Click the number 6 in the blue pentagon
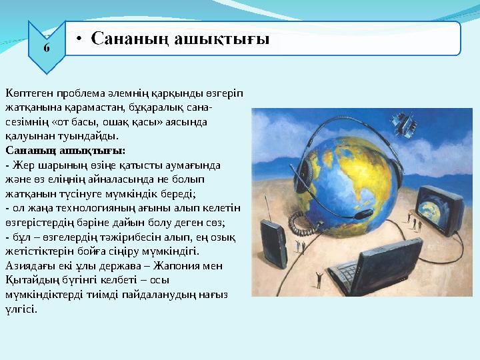(x=45, y=47)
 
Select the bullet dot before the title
(x=79, y=39)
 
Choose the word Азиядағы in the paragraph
(x=26, y=266)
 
